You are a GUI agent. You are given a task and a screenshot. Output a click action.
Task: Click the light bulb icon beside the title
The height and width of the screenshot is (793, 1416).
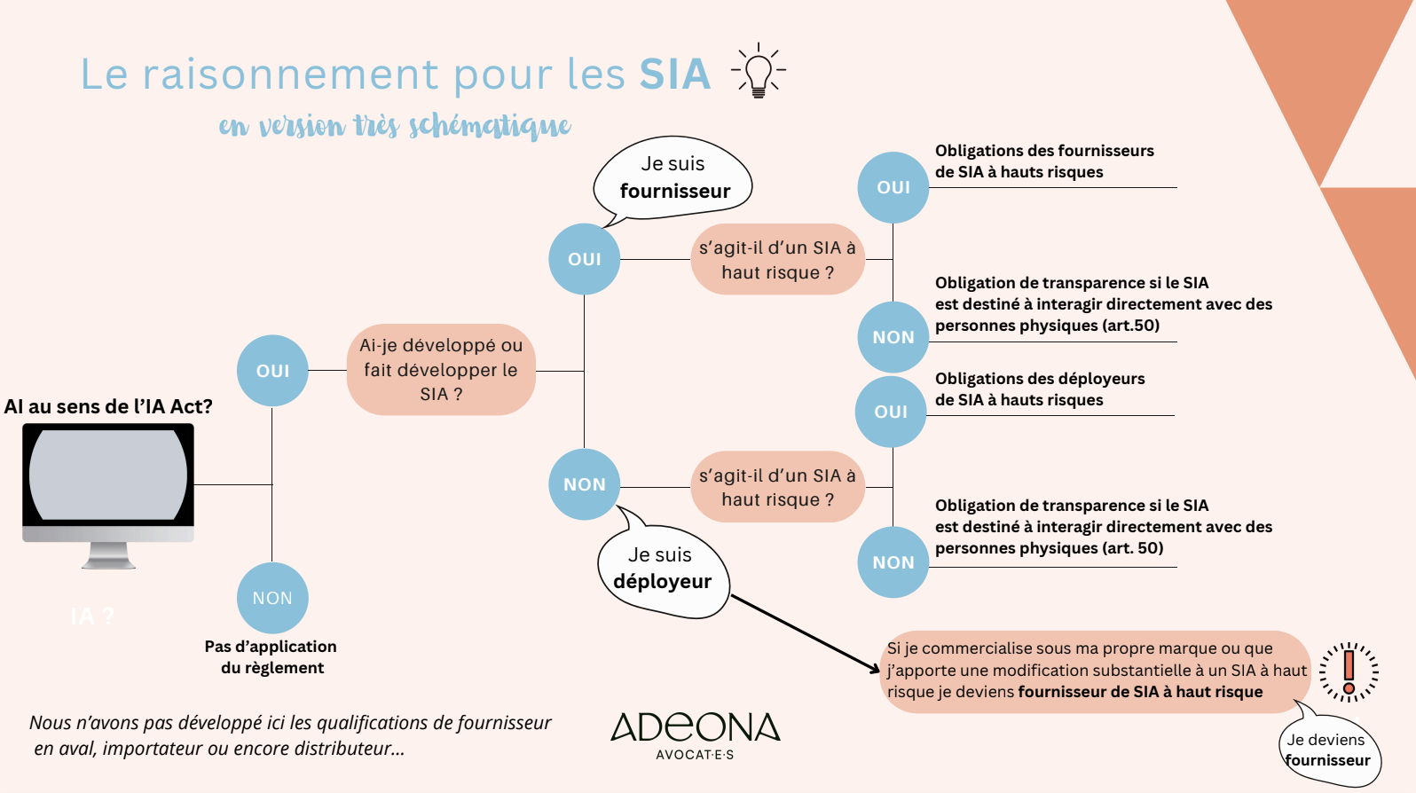[x=758, y=71]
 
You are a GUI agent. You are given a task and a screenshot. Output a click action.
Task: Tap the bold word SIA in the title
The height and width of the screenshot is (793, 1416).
[x=675, y=75]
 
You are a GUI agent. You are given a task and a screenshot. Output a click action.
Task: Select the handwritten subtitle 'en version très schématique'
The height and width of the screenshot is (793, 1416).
[x=395, y=125]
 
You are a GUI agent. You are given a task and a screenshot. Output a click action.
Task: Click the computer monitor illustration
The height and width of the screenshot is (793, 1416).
[x=108, y=495]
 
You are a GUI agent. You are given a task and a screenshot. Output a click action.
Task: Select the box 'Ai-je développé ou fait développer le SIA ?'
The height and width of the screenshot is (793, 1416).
[x=441, y=370]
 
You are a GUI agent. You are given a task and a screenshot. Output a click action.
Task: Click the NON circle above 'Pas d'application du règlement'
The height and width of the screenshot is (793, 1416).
[x=272, y=598]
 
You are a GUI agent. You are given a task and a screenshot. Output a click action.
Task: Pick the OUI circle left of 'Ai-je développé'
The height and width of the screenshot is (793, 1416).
[x=272, y=371]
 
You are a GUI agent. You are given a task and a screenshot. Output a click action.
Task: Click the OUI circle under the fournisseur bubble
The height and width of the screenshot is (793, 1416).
[x=584, y=259]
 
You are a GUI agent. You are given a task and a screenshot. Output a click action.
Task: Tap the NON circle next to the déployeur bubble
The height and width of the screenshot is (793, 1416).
[x=584, y=484]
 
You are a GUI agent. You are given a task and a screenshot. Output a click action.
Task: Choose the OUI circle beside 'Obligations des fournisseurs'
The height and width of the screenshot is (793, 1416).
[x=893, y=188]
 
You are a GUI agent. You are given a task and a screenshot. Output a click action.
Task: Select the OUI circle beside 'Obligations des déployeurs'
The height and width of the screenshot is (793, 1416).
[x=891, y=412]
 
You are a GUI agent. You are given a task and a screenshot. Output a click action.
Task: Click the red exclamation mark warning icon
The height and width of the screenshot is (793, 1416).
[x=1349, y=672]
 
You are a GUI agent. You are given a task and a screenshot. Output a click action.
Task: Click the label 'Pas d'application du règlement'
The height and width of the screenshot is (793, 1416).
[x=271, y=657]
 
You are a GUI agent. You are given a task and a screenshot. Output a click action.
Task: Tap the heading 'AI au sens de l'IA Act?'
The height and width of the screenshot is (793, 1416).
[x=108, y=406]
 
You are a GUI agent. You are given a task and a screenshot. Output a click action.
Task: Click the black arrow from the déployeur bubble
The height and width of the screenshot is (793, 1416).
[x=805, y=633]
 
